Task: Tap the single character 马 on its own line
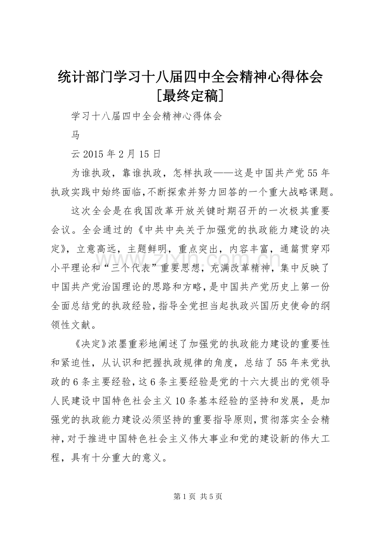(76, 135)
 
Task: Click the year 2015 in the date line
(95, 154)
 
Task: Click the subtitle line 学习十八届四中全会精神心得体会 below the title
(146, 116)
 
